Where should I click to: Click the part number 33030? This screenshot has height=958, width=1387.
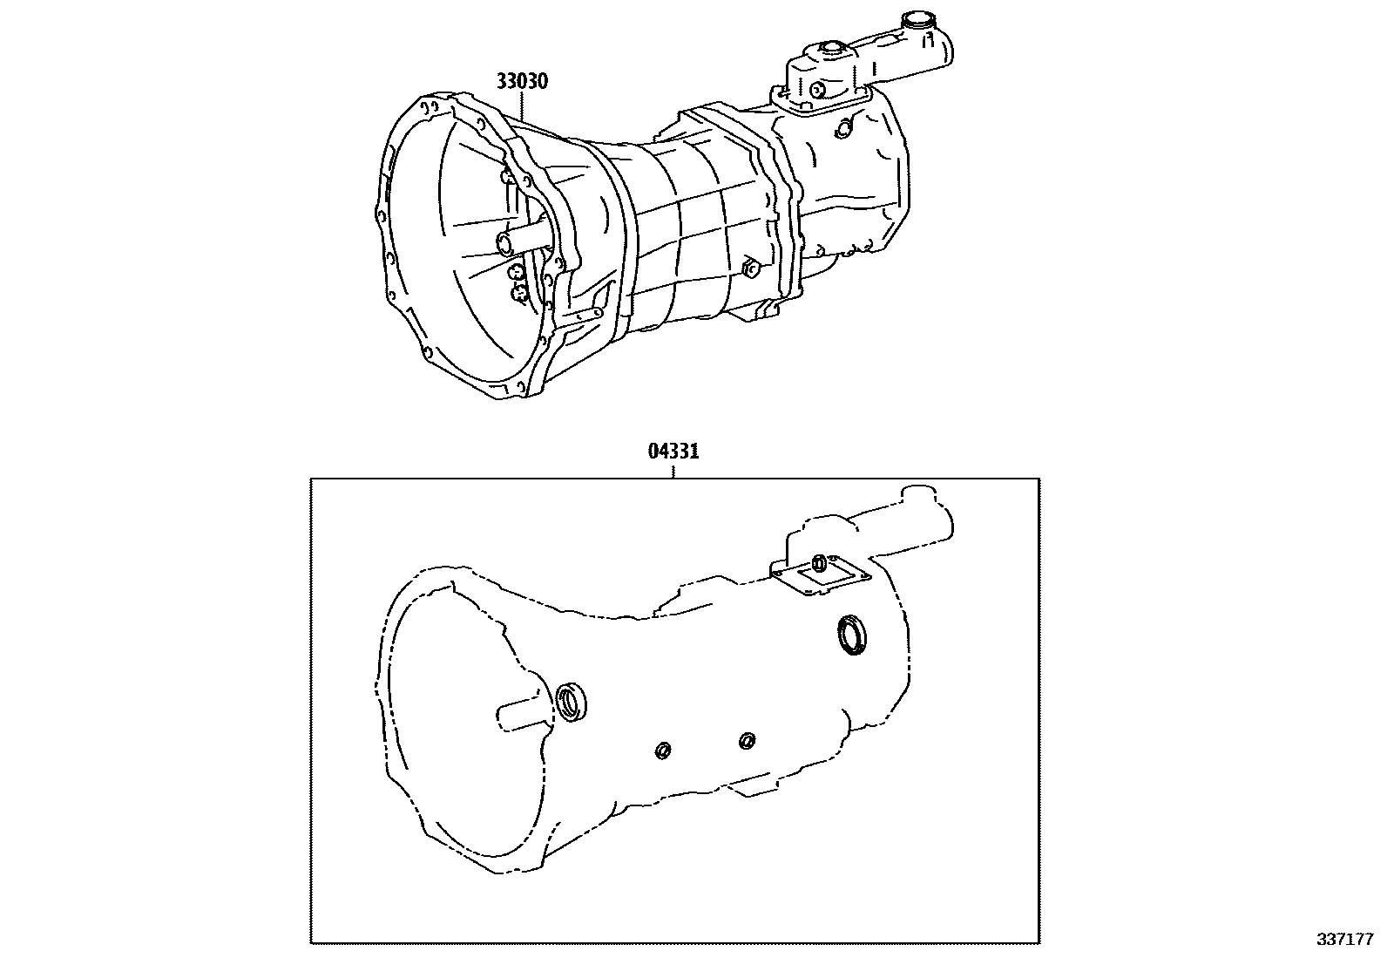[x=522, y=82]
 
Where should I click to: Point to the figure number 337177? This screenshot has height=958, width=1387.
[x=1345, y=940]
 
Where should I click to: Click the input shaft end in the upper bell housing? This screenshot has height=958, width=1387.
[x=504, y=241]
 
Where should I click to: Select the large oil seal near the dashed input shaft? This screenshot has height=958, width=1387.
[x=572, y=702]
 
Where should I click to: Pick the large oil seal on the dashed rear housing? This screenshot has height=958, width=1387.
[x=852, y=635]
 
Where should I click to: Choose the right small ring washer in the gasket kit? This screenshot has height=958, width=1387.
[x=746, y=740]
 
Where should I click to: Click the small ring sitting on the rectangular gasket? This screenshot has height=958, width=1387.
[x=820, y=562]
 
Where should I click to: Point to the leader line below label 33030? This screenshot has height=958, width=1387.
[x=523, y=109]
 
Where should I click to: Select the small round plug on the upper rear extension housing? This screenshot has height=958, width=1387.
[x=842, y=129]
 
